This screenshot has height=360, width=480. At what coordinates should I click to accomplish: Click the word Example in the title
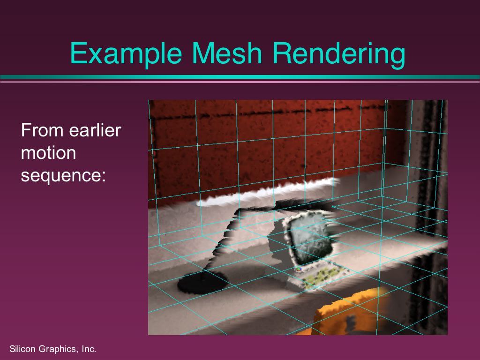(126, 54)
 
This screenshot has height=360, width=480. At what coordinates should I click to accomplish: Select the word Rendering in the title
(339, 54)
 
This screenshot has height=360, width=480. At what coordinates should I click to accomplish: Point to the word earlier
(95, 130)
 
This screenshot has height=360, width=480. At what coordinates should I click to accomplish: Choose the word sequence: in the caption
(63, 176)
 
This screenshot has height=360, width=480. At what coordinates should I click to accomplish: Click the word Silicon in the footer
(22, 349)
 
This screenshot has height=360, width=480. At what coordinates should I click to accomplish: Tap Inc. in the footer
(89, 349)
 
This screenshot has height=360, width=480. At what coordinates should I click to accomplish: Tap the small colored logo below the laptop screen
(299, 270)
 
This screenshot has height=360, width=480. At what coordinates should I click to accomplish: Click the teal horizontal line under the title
(240, 77)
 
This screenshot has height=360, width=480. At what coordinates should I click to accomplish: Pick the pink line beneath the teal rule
(240, 82)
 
